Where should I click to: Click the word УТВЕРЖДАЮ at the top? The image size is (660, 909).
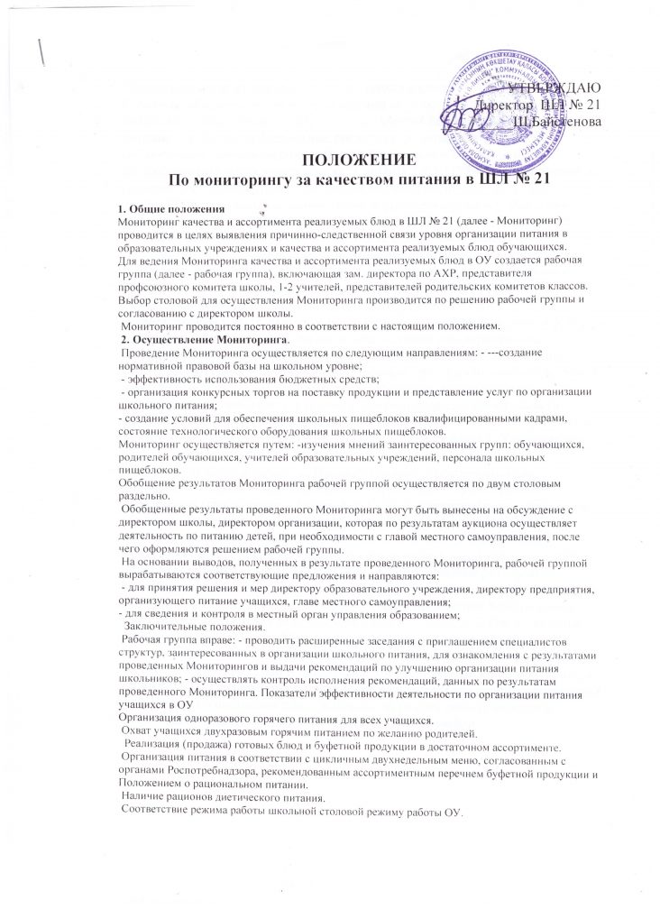click(549, 88)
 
